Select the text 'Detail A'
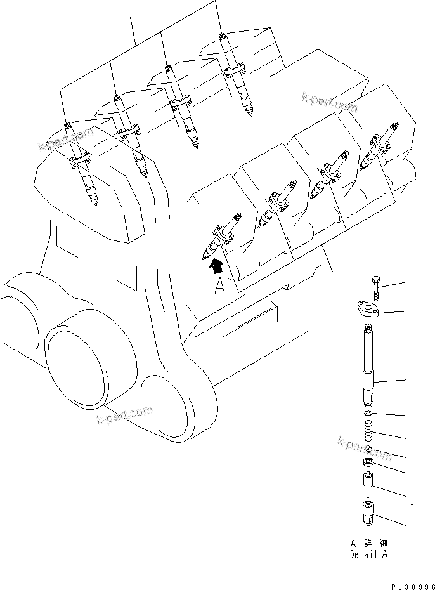368,554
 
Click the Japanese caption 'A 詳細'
368,544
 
